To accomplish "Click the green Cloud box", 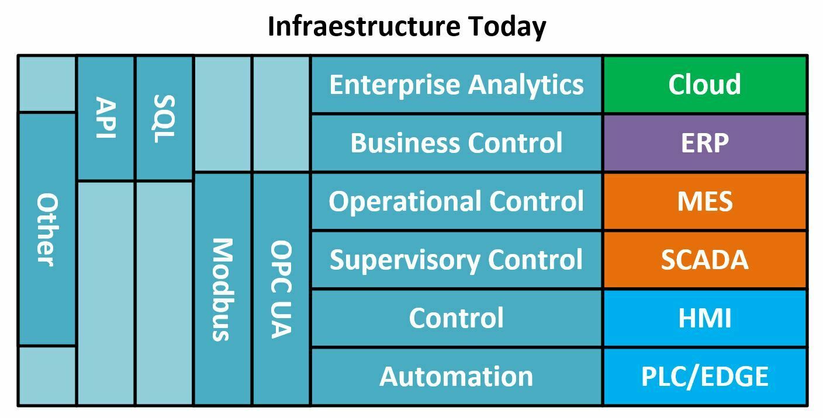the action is tap(705, 85).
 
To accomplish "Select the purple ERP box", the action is tap(705, 143).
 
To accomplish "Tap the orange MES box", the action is tap(705, 201).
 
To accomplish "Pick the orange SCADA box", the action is tap(705, 259).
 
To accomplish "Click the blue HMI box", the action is tap(705, 318).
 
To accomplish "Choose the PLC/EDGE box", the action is tap(705, 377).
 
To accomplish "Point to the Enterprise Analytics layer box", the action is tap(457, 85).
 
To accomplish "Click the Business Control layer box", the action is tap(457, 143).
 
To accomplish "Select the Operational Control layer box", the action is tap(457, 201).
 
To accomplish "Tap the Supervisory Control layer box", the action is tap(457, 259).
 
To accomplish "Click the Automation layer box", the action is tap(457, 377).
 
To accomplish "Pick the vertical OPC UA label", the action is tap(281, 289).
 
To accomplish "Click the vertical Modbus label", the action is tap(223, 290).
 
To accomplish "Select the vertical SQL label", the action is tap(164, 119).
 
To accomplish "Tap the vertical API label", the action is tap(106, 117).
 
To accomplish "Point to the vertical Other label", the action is tap(47, 230).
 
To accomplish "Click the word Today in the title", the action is tap(507, 27).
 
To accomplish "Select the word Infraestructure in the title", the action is tap(364, 26).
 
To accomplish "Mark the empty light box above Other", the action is tap(47, 83).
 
